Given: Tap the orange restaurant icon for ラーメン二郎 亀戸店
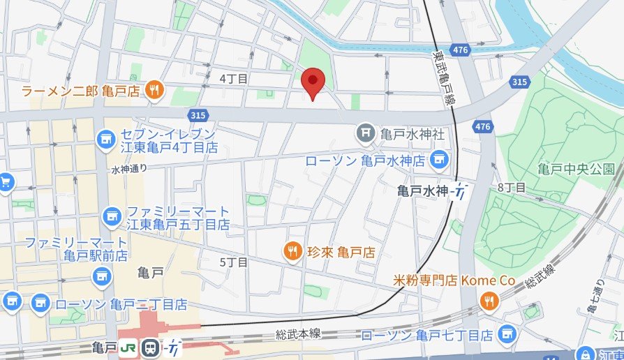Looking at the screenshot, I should [155, 89].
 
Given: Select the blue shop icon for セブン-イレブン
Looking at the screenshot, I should [106, 139].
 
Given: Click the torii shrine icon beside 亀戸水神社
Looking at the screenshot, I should [364, 132].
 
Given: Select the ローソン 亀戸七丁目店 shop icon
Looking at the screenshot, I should [509, 335].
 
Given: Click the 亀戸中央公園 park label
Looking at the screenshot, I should [576, 169].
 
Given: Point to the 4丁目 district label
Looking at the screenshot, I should [234, 79].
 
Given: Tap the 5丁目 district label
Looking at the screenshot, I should [234, 262].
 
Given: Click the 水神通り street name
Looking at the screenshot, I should [129, 169].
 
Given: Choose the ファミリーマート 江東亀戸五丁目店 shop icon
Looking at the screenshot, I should [111, 217].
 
